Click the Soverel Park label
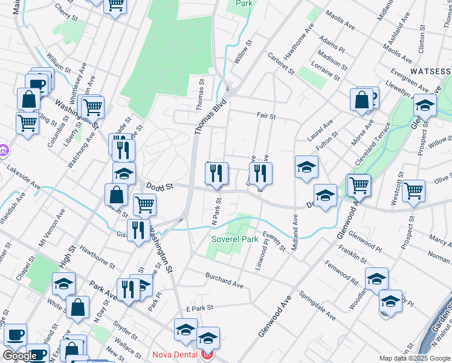[234, 240]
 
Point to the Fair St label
[266, 116]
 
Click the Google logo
[20, 356]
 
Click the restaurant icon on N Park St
[216, 174]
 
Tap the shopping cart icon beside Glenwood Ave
[358, 185]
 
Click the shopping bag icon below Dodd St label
[116, 195]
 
